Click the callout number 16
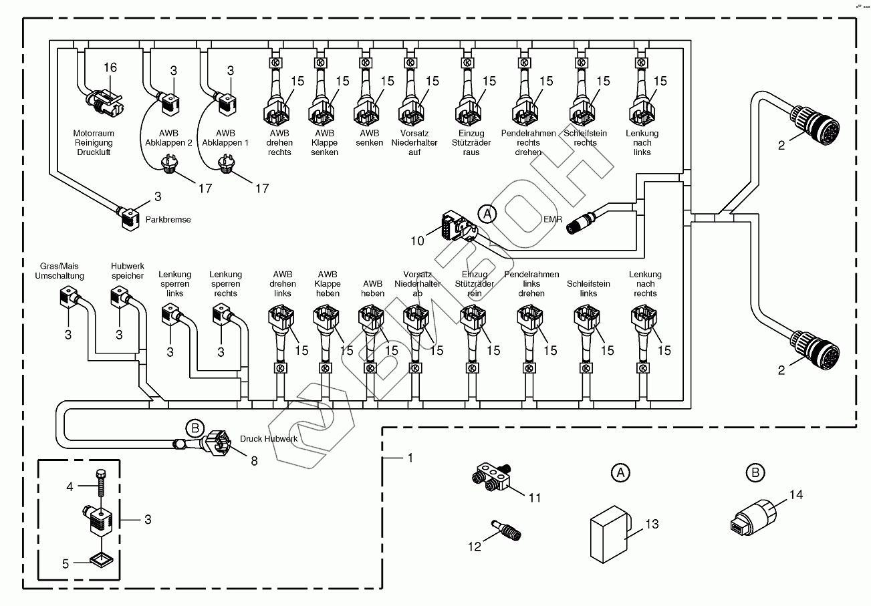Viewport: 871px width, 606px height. point(110,67)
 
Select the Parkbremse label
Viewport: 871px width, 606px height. point(168,218)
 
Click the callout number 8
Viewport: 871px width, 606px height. point(254,460)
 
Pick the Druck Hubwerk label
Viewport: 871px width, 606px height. point(268,439)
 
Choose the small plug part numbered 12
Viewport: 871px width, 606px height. point(506,533)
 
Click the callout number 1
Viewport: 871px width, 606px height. point(410,458)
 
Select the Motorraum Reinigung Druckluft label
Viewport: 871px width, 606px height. point(93,143)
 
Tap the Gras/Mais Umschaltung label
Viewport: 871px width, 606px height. point(59,271)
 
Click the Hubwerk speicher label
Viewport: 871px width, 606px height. point(128,271)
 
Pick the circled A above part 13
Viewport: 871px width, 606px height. point(620,473)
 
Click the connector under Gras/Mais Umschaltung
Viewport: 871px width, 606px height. point(70,297)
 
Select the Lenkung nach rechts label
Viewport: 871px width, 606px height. point(645,284)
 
